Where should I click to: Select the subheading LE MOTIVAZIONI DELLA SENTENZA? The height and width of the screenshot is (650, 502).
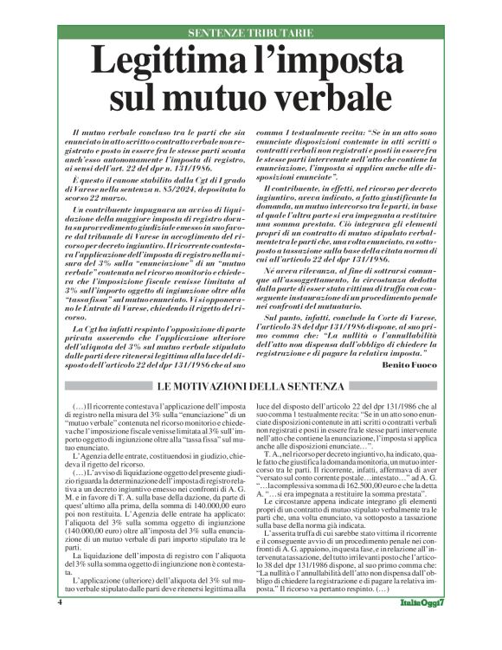(251, 385)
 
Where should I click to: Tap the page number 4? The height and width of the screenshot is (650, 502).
(58, 625)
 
